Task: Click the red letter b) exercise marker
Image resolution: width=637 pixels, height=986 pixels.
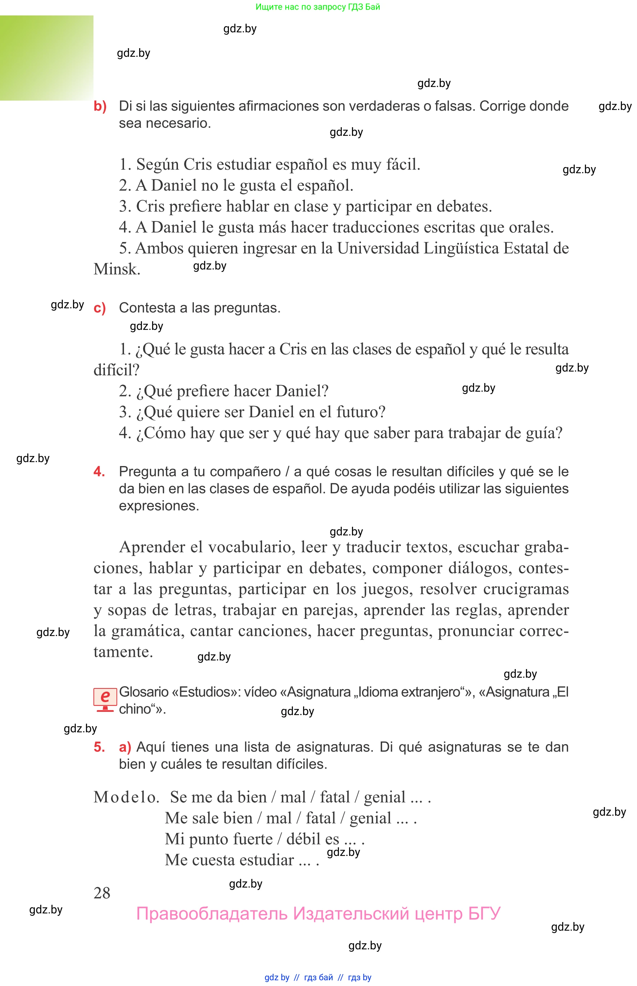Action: tap(100, 106)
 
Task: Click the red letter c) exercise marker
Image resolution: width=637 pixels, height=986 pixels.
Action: tap(100, 308)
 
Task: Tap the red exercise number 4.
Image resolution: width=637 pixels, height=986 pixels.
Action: tap(99, 471)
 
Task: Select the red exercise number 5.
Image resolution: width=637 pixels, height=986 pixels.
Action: tap(99, 747)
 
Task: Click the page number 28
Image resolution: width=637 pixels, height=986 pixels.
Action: tap(102, 893)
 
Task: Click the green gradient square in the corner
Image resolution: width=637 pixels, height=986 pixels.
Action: tap(46, 58)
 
